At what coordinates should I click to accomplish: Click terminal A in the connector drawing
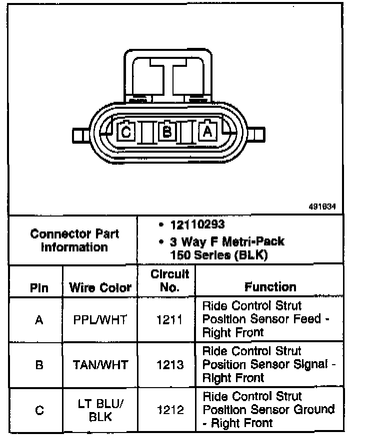(x=207, y=132)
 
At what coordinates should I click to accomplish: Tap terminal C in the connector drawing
(x=126, y=132)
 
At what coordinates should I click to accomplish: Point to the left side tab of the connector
(x=79, y=136)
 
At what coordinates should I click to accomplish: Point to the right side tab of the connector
(x=257, y=136)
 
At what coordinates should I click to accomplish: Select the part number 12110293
(x=196, y=225)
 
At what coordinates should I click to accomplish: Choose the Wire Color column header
(x=100, y=288)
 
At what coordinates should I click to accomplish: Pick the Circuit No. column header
(x=170, y=281)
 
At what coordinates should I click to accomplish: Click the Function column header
(x=270, y=287)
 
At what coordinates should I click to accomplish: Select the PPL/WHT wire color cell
(x=100, y=320)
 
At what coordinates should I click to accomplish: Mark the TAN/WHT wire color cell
(x=100, y=365)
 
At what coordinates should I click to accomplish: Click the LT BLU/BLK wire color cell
(x=100, y=411)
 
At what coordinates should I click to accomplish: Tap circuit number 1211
(x=169, y=320)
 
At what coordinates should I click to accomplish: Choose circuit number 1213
(x=169, y=365)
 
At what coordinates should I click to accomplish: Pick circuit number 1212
(x=169, y=411)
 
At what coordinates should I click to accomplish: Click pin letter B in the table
(x=39, y=365)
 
